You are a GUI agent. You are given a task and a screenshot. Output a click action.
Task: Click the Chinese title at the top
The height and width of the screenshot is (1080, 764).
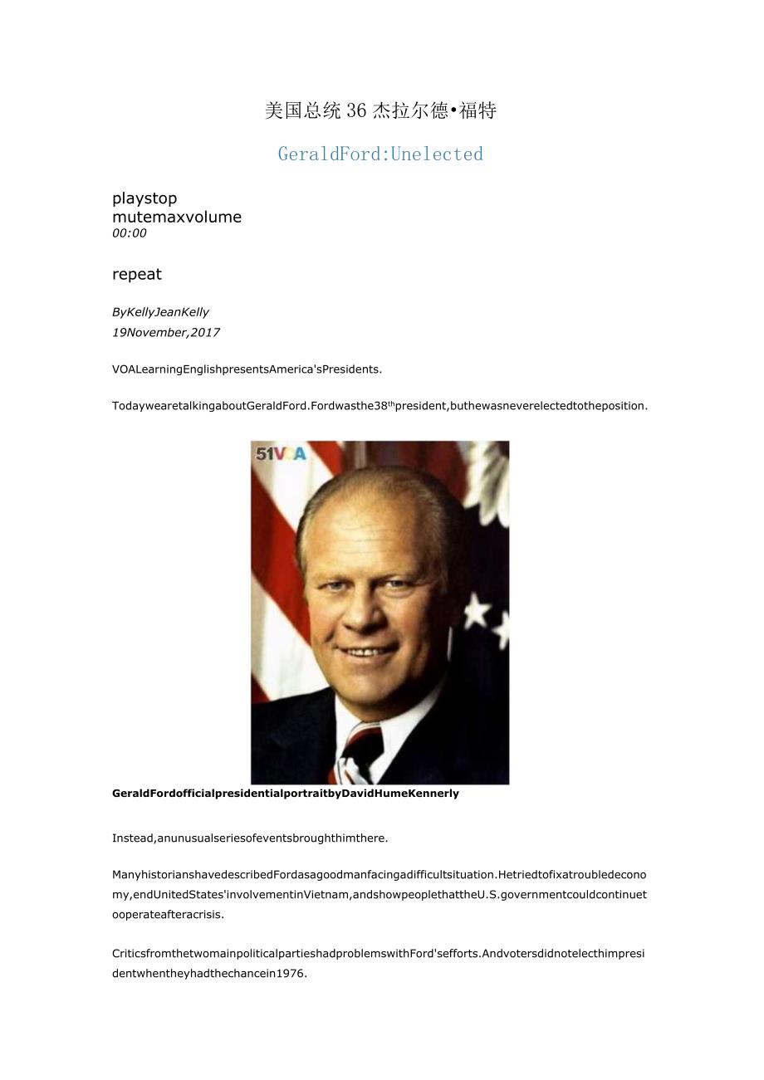coord(380,110)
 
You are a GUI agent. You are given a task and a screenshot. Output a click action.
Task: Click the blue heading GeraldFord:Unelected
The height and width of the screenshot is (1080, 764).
coord(380,154)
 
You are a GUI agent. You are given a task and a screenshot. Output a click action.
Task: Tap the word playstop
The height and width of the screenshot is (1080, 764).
coord(144,198)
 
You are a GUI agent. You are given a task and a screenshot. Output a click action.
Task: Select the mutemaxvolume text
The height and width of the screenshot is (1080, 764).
coord(177,217)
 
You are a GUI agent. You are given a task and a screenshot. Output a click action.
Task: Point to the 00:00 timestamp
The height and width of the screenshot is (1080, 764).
coord(130,233)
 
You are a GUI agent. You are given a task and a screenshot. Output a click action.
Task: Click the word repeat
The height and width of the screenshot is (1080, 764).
coord(137,274)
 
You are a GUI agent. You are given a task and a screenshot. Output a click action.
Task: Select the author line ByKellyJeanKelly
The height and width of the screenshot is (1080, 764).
coord(160,312)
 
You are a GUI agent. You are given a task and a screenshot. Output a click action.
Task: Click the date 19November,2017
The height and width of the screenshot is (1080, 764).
coord(166,332)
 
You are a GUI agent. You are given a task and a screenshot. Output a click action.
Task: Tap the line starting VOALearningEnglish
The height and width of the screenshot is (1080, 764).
coord(247,369)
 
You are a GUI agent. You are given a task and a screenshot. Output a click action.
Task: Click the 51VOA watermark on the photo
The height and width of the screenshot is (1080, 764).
coord(281,454)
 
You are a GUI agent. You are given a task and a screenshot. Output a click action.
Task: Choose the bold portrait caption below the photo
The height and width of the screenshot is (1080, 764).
coord(285,794)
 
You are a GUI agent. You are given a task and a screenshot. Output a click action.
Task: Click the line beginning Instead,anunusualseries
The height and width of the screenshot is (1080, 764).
coord(250,838)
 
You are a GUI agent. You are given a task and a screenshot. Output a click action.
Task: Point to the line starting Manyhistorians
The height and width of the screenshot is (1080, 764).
coord(379,875)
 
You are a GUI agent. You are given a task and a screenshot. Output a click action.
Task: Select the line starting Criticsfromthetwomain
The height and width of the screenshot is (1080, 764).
coord(379,954)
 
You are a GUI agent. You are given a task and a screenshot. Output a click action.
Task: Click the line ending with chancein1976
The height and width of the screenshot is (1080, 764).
coord(209,974)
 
